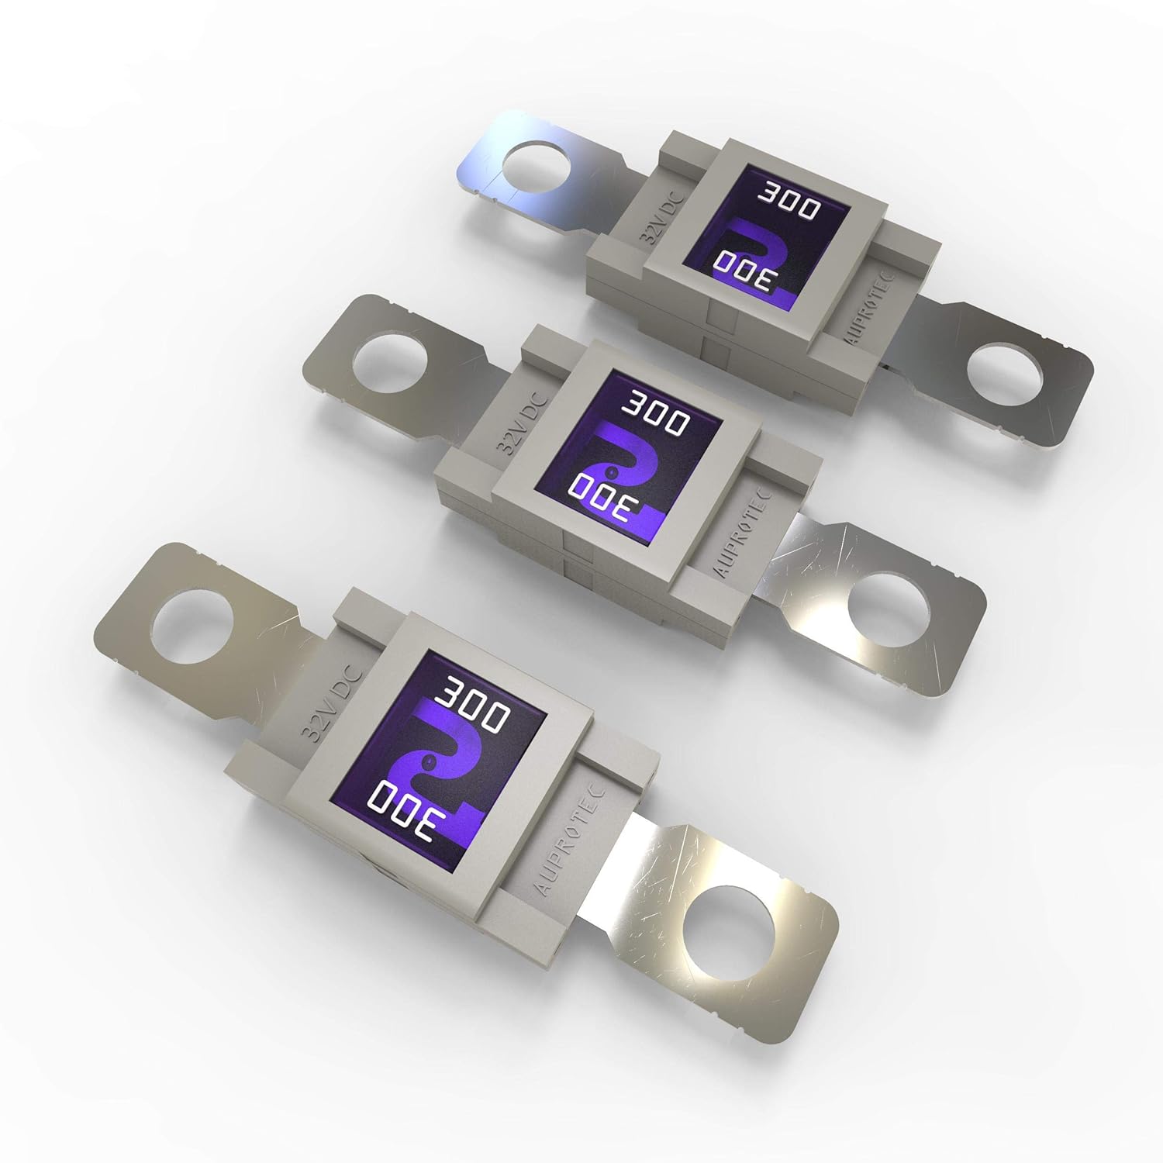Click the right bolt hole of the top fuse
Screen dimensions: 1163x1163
click(x=1005, y=378)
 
